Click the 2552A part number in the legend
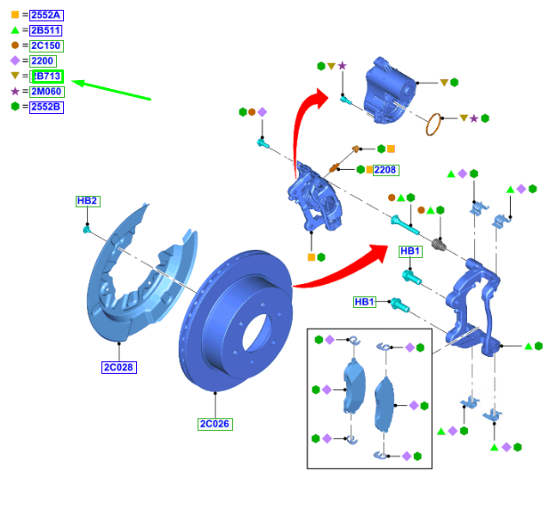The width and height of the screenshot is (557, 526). pos(46,15)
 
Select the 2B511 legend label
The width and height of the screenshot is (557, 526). pos(45,30)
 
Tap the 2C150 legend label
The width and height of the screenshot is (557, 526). pos(46,45)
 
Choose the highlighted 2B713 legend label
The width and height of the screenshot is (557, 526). pos(47,77)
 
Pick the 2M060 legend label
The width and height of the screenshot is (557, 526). pos(46,92)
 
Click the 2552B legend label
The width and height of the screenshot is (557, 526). pos(46,107)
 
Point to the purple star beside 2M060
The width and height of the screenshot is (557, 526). pos(14,92)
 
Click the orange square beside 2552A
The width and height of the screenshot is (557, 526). pos(14,15)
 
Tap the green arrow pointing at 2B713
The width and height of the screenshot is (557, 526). pos(111,90)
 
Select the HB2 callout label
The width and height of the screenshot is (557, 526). pos(87,201)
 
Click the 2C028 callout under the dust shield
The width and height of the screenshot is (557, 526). pos(118,367)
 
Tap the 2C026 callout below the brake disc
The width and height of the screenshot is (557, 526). pos(214,424)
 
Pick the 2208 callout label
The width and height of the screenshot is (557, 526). pos(385,169)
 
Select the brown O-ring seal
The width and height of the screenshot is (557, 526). pos(433,125)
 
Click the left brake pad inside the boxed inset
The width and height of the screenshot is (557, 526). pos(354,387)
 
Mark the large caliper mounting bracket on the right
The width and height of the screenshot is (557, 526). pos(472,303)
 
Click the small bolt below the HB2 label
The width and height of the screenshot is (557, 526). pos(87,230)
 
